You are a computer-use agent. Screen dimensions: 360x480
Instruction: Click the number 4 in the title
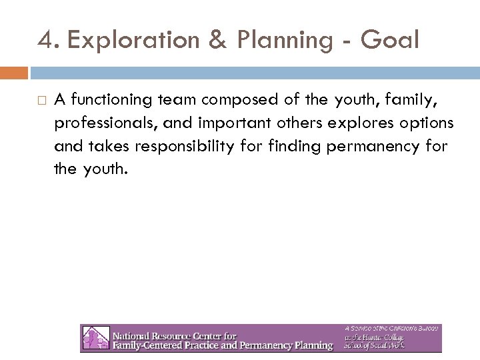tap(44, 41)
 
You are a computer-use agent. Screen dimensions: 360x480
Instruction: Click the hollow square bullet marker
tap(42, 100)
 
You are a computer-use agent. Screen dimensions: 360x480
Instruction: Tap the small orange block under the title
tap(14, 71)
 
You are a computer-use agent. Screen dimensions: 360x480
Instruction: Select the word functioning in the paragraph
tap(109, 100)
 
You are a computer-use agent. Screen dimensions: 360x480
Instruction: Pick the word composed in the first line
tap(231, 100)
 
